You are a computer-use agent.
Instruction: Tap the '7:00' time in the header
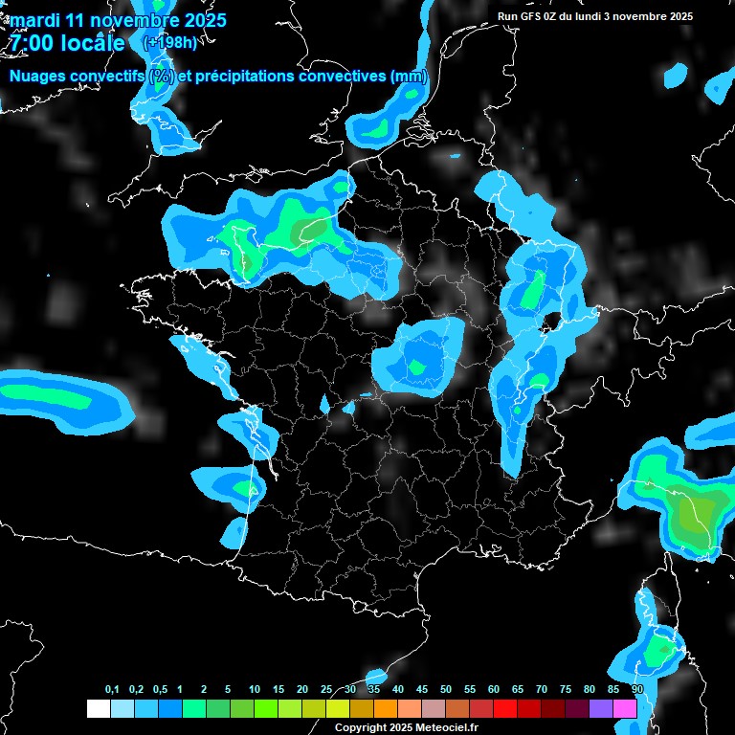[29, 43]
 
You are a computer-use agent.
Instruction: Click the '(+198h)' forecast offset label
[170, 43]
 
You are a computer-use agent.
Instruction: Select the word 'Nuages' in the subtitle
[39, 77]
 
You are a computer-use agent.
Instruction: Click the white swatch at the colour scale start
[98, 709]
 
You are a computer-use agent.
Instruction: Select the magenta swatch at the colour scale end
[625, 709]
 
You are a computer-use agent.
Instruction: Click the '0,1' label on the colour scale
[112, 690]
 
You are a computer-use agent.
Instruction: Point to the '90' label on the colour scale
[637, 690]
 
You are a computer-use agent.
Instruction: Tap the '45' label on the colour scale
[422, 690]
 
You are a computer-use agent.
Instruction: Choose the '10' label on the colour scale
[255, 690]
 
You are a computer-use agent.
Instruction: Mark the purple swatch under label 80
[601, 709]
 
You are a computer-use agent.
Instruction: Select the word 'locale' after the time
[92, 43]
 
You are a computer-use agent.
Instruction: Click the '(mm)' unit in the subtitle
[409, 77]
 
